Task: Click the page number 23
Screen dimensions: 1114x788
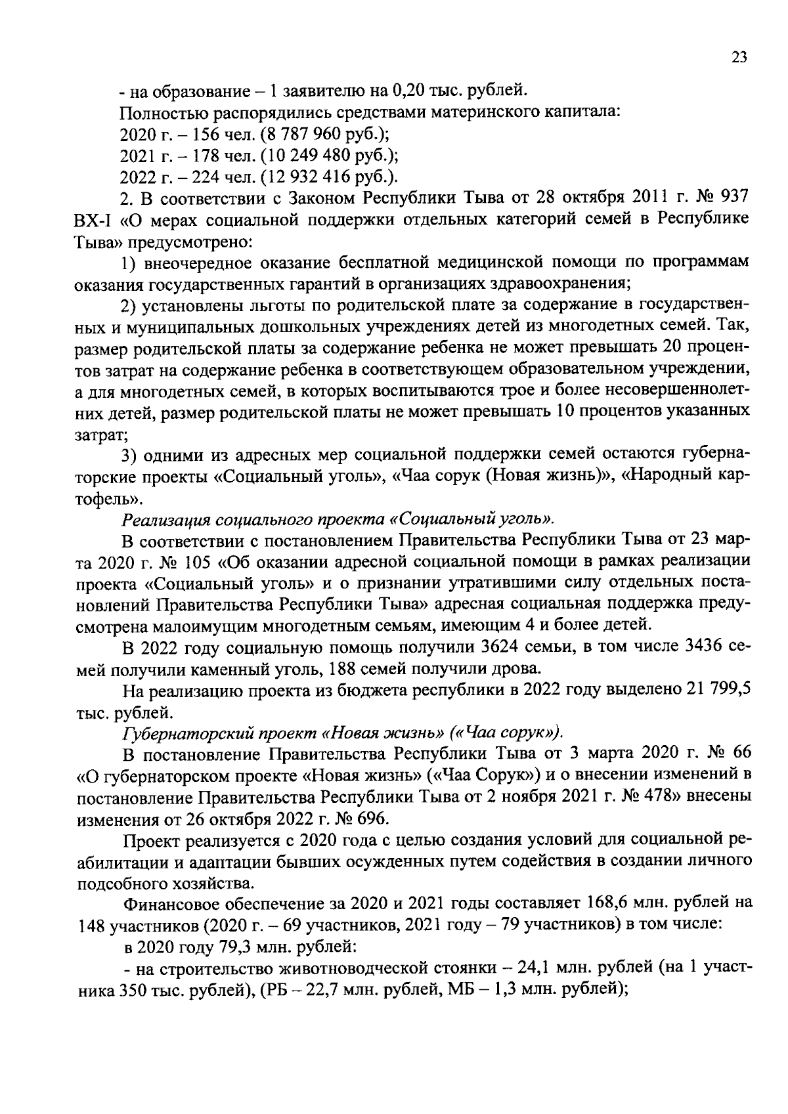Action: pos(739,58)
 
